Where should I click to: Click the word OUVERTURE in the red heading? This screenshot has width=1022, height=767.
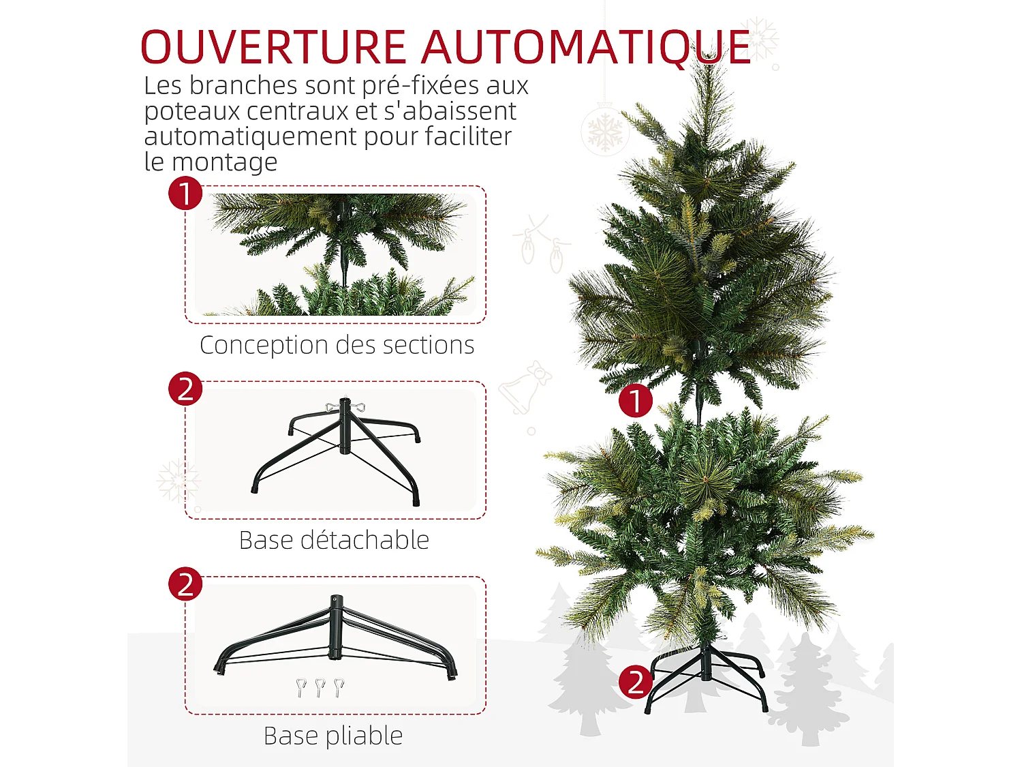tap(273, 48)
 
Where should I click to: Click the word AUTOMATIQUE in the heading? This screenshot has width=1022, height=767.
tap(586, 48)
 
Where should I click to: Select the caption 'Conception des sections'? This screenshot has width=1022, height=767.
tap(337, 345)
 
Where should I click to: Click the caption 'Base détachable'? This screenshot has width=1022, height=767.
tap(334, 540)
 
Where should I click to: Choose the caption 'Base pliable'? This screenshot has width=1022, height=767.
tap(333, 736)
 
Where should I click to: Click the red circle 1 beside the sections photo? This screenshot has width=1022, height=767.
tap(185, 193)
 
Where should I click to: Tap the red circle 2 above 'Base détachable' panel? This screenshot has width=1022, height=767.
tap(185, 389)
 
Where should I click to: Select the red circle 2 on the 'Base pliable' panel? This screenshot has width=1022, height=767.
tap(185, 584)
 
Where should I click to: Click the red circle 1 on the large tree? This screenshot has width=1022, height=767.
tap(635, 401)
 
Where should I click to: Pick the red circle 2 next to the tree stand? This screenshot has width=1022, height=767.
tap(635, 682)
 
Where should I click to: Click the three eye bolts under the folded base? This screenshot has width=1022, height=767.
tap(320, 686)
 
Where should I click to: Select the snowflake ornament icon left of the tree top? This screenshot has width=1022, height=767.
tap(604, 130)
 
